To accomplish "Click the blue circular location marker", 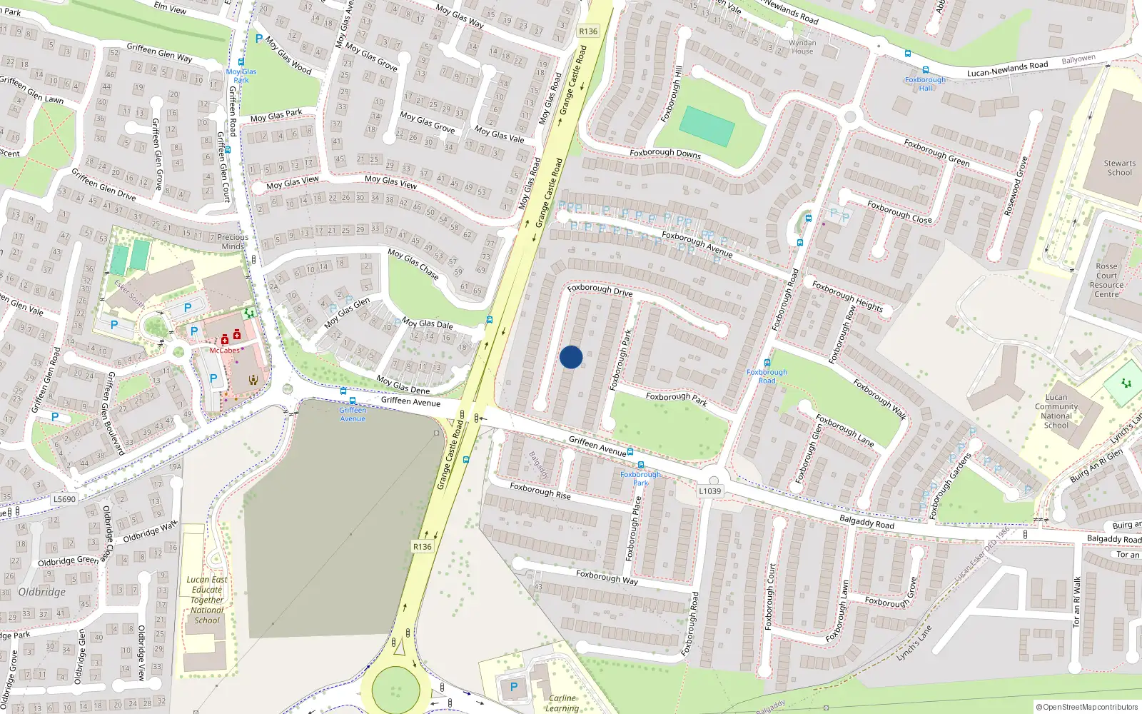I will click(571, 357).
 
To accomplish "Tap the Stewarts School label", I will click(1119, 168).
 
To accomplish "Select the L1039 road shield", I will click(709, 491).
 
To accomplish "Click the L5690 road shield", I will click(64, 499).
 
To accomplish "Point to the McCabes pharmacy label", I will click(224, 351).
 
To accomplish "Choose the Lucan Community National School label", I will click(1056, 411).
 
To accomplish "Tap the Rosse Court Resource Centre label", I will click(1106, 280).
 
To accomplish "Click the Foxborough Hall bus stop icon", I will click(926, 71).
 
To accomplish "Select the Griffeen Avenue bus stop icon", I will click(343, 391).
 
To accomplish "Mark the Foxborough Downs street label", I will click(665, 153).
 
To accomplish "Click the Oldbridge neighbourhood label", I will click(42, 592).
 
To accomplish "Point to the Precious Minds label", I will click(233, 241).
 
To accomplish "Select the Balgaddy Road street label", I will click(866, 522).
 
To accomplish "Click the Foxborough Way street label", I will click(607, 577).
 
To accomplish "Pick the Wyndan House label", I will click(802, 47).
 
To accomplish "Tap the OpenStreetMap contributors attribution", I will click(1086, 707).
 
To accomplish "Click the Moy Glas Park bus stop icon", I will click(241, 63).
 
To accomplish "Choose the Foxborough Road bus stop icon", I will click(767, 363).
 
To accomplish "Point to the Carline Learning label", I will click(562, 703).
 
